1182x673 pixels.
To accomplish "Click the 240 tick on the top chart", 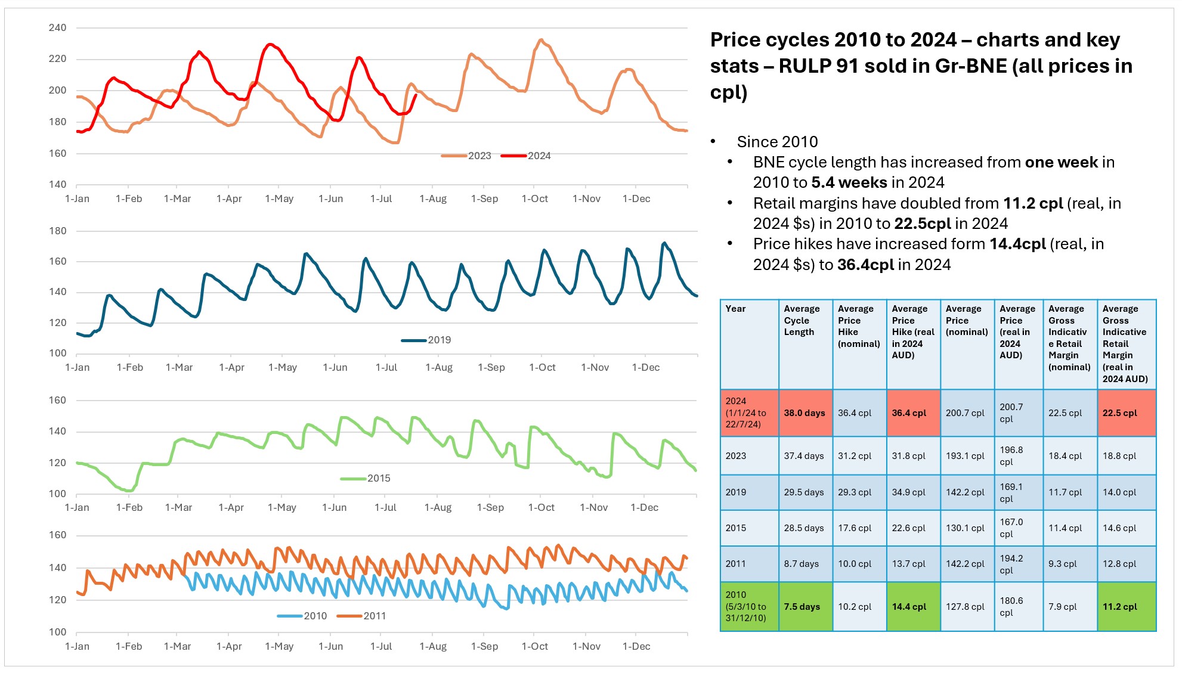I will [58, 27].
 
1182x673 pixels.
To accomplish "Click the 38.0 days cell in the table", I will [804, 413].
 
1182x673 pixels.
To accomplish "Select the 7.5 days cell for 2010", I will [802, 606].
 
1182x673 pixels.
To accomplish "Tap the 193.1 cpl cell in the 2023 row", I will [965, 455].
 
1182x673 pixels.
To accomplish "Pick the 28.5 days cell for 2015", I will [804, 528].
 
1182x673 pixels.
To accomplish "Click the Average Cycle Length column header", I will [802, 320].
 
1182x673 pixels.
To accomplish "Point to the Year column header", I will [735, 309].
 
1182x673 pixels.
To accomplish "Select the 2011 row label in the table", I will [735, 563].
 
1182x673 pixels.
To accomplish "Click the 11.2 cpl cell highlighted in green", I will [1119, 606].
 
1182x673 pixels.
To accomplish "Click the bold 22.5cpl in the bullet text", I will [923, 224].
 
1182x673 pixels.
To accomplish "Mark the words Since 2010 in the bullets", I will [777, 142].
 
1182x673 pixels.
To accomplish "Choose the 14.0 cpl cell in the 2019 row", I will [1119, 492].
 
